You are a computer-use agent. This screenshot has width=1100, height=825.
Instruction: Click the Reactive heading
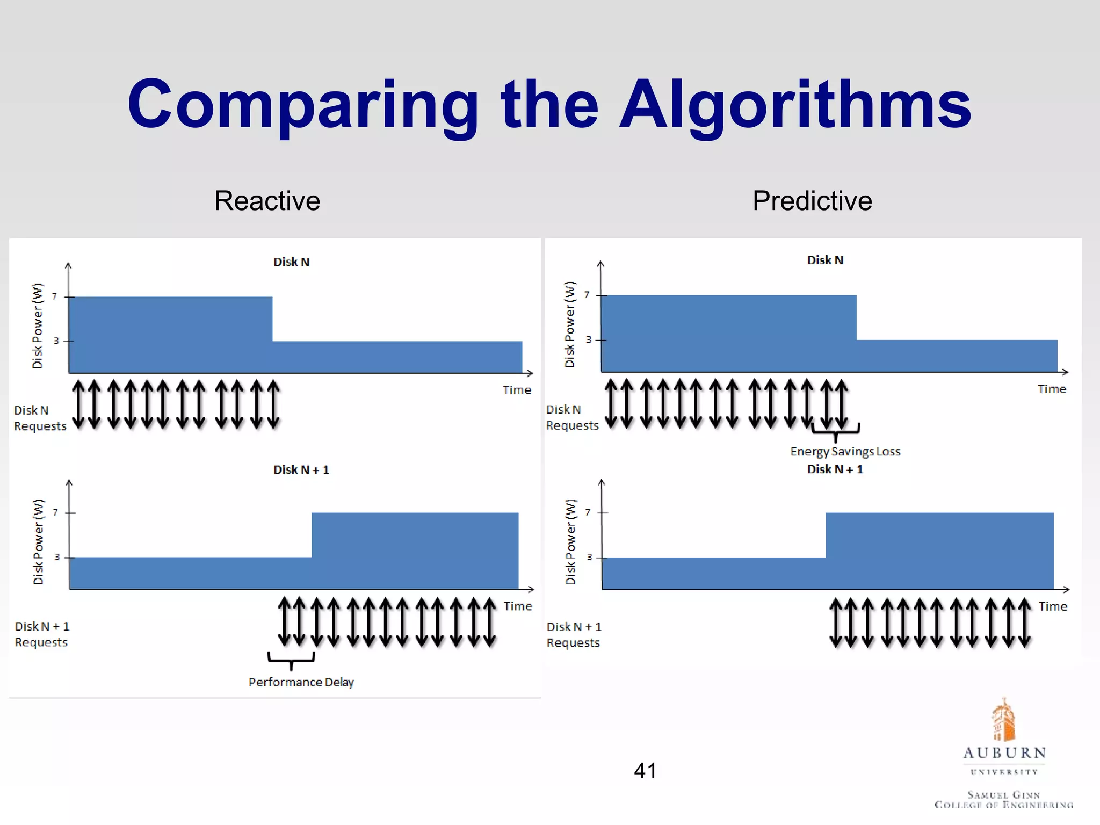[x=267, y=201]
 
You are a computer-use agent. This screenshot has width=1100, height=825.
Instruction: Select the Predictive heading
[x=812, y=201]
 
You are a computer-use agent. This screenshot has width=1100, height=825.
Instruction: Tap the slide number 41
[x=645, y=771]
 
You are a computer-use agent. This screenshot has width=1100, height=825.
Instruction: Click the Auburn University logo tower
[x=1003, y=720]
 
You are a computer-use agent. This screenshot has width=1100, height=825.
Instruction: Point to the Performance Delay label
[x=301, y=682]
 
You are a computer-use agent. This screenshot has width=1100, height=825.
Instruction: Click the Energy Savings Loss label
[x=845, y=452]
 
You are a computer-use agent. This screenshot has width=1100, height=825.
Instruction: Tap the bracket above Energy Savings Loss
[x=835, y=430]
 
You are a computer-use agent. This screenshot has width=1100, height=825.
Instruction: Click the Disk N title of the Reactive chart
[x=291, y=262]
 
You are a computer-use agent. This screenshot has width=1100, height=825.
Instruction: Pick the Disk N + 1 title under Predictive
[x=835, y=469]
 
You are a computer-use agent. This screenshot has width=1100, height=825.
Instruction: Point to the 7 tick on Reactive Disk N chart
[x=54, y=296]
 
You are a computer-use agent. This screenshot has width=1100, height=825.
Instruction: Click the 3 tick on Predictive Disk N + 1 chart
[x=589, y=558]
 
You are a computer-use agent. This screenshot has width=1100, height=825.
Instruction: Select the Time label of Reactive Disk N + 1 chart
[x=517, y=606]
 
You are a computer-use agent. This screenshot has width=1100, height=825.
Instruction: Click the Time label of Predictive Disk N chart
[x=1051, y=389]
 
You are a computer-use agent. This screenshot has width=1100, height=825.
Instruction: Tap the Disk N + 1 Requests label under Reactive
[x=41, y=634]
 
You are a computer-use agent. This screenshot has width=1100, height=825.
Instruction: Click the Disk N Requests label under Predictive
[x=571, y=417]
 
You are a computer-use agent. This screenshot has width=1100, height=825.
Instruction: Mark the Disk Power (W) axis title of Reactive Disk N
[x=37, y=325]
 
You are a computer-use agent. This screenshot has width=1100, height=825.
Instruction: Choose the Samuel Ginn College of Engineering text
[x=1003, y=800]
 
